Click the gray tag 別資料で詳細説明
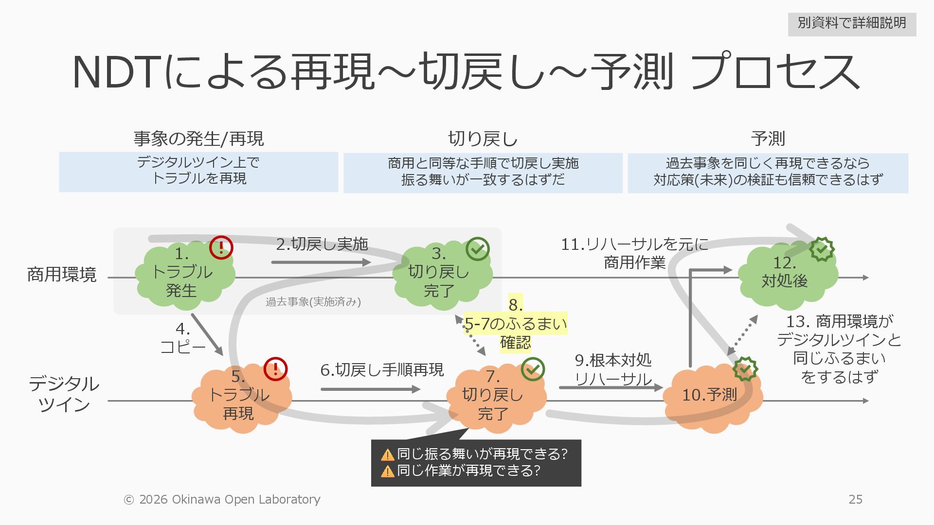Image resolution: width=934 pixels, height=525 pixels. [x=852, y=23]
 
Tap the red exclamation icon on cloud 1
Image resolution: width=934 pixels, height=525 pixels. [x=221, y=247]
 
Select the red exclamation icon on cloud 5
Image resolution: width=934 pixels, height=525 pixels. [x=275, y=369]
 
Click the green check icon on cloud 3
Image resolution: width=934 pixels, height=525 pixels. [x=478, y=249]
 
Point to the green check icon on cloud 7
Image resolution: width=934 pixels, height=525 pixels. [x=533, y=369]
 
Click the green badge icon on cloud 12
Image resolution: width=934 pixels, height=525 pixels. [x=822, y=249]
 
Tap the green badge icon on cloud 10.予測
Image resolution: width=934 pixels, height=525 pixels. [x=745, y=369]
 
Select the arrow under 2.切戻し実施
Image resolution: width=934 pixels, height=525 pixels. [x=321, y=262]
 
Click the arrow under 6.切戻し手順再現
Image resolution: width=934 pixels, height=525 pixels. [x=370, y=389]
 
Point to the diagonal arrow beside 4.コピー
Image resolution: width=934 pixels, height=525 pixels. [x=207, y=334]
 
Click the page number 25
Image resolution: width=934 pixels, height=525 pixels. [x=855, y=499]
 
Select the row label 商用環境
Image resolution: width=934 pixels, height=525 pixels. [x=62, y=275]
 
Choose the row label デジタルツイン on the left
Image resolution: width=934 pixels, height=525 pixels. [x=64, y=394]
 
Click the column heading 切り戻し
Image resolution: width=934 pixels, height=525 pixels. [x=483, y=139]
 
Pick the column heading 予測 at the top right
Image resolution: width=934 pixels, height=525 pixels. [x=768, y=139]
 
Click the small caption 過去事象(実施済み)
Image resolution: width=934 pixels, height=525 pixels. [x=313, y=302]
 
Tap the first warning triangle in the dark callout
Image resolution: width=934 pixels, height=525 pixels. [x=388, y=455]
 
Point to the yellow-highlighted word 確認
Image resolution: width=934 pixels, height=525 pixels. [x=515, y=343]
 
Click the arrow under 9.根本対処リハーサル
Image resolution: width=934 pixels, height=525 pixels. [x=611, y=387]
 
